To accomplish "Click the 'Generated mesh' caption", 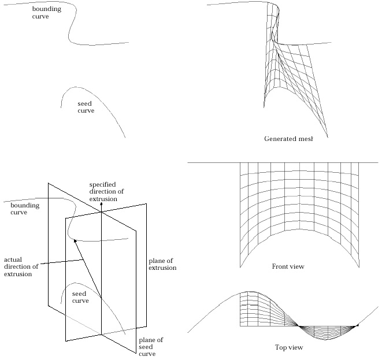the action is pyautogui.click(x=288, y=139).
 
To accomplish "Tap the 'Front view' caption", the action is pyautogui.click(x=288, y=266).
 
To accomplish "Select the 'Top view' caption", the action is pyautogui.click(x=289, y=347).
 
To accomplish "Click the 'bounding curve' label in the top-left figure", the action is pyautogui.click(x=47, y=12).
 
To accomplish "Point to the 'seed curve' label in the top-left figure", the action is pyautogui.click(x=86, y=107).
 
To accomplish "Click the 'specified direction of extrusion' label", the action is pyautogui.click(x=106, y=192).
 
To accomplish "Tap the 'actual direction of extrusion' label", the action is pyautogui.click(x=21, y=267).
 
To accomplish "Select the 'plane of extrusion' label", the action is pyautogui.click(x=162, y=264).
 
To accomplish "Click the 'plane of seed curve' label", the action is pyautogui.click(x=151, y=347).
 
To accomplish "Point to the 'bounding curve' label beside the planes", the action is pyautogui.click(x=25, y=209).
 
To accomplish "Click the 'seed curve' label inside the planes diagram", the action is pyautogui.click(x=80, y=297).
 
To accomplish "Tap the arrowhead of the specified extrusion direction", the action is pyautogui.click(x=102, y=205).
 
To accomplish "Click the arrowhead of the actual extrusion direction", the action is pyautogui.click(x=75, y=241).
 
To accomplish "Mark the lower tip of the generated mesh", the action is pyautogui.click(x=328, y=138).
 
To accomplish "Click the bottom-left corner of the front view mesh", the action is pyautogui.click(x=240, y=267).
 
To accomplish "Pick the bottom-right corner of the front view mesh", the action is pyautogui.click(x=359, y=267).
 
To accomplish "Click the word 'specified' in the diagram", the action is pyautogui.click(x=102, y=185).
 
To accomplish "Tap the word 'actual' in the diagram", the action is pyautogui.click(x=13, y=259).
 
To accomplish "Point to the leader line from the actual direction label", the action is pyautogui.click(x=62, y=262).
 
